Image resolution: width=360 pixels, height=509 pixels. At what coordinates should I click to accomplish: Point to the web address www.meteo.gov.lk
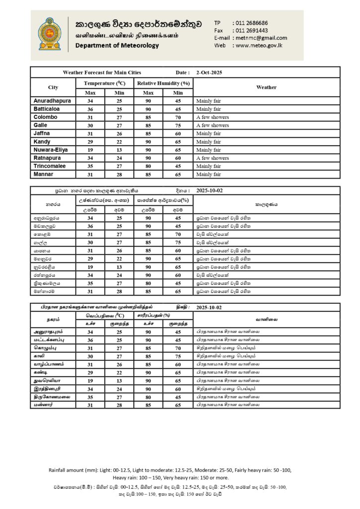(x=258, y=45)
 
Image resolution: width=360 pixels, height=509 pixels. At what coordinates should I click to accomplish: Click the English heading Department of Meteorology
(x=117, y=46)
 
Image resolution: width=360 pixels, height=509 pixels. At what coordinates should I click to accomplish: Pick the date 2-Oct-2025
(x=209, y=73)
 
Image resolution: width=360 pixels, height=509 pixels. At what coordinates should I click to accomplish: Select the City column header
(x=53, y=87)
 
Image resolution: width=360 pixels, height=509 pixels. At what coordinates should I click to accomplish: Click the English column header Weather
(x=266, y=87)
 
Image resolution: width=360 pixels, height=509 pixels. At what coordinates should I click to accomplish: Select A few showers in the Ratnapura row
(x=213, y=158)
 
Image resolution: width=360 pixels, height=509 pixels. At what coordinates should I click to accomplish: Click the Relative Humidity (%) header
(x=164, y=83)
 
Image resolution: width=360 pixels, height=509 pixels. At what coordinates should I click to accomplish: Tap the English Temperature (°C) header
(x=105, y=83)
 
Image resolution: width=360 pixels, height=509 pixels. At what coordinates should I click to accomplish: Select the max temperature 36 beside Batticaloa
(x=90, y=109)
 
